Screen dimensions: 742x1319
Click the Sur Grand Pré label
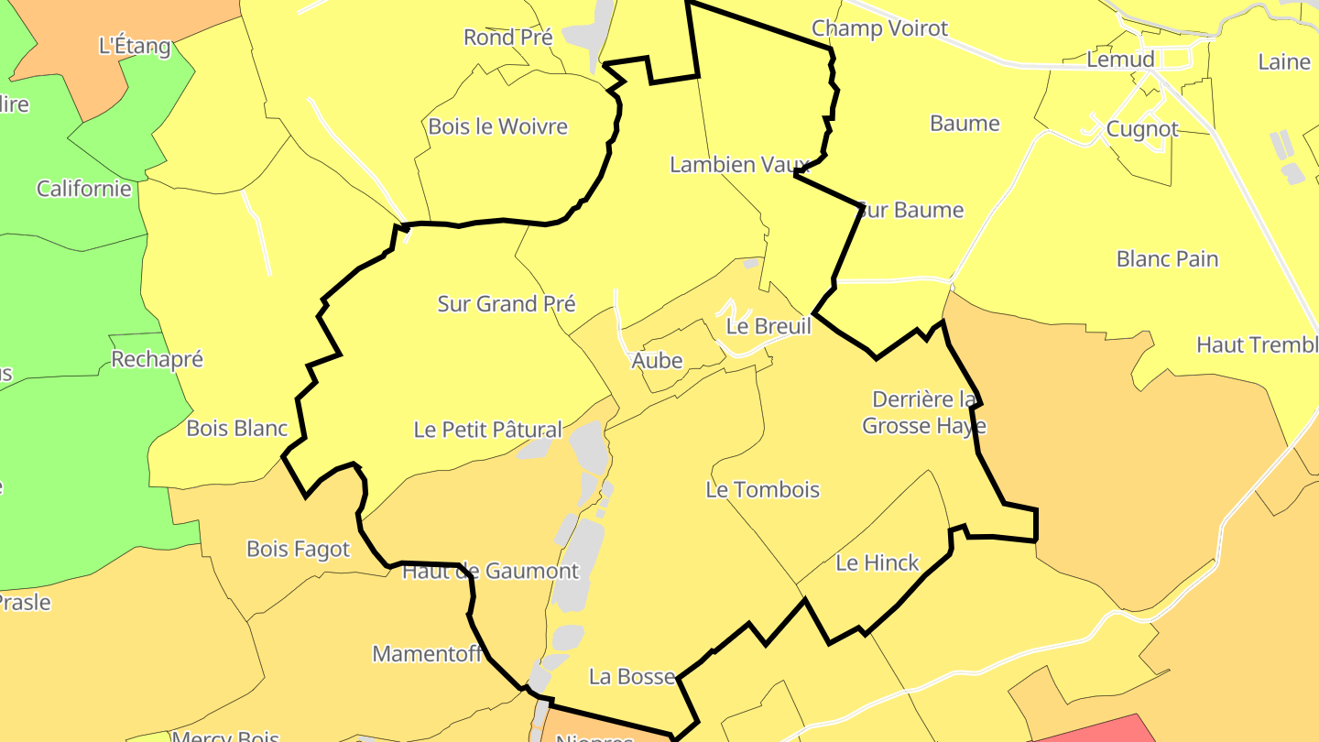click(x=506, y=304)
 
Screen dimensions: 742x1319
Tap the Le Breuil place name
click(x=769, y=326)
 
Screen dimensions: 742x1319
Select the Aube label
click(x=657, y=361)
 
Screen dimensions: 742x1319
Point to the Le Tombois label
click(x=762, y=490)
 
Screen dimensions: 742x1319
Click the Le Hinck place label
click(x=877, y=563)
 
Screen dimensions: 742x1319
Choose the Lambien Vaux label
click(x=740, y=165)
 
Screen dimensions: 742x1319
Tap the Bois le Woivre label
click(x=497, y=126)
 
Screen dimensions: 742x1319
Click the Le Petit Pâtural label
click(x=487, y=429)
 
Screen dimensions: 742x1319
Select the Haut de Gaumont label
click(x=490, y=572)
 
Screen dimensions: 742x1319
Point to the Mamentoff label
click(x=427, y=654)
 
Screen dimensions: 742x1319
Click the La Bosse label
click(x=631, y=677)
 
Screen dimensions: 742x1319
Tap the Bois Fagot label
click(x=298, y=549)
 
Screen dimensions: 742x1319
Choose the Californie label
click(x=83, y=190)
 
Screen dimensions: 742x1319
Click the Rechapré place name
click(x=157, y=359)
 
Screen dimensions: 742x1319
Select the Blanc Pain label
click(x=1167, y=259)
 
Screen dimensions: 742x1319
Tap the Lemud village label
click(x=1119, y=60)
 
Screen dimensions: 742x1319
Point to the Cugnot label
click(x=1141, y=129)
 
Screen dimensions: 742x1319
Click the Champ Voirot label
click(x=879, y=29)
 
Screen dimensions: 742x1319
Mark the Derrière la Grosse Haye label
click(x=923, y=412)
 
